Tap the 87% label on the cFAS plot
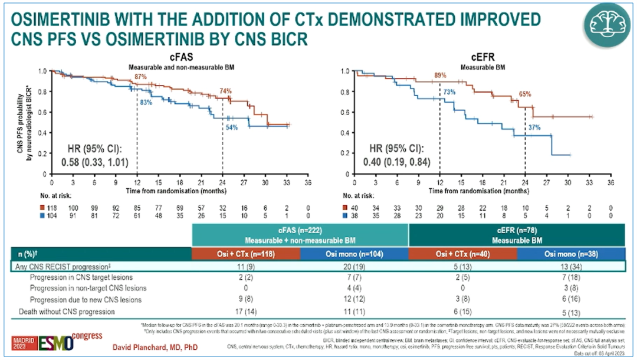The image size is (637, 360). [x=140, y=77]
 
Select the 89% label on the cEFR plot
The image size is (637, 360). [x=439, y=76]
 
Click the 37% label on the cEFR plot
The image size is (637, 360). [x=534, y=127]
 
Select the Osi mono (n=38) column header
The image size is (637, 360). [x=573, y=253]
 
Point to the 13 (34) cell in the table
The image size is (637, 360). [x=573, y=266]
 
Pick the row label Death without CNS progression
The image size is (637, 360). [x=67, y=311]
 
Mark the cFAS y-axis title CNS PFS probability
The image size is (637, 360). [x=24, y=123]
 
